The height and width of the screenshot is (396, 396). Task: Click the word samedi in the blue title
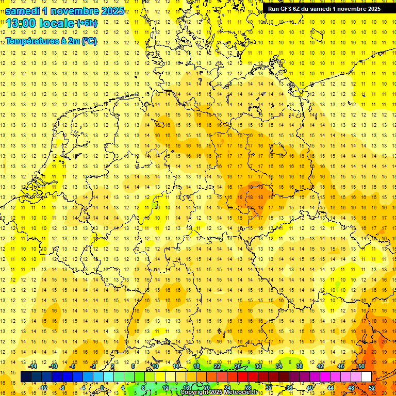pos(24,11)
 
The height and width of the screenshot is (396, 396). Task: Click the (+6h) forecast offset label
pos(86,23)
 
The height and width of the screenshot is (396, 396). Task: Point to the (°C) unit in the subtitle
pos(88,41)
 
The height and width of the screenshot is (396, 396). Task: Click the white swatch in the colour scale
pos(366,377)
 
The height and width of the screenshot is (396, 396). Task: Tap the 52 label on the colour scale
pos(372,388)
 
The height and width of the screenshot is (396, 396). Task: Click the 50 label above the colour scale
pos(361,366)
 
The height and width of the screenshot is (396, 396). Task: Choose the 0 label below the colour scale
pos(103,388)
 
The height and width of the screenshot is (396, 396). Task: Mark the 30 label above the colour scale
pos(258,366)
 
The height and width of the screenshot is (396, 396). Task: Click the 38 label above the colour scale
pos(300,366)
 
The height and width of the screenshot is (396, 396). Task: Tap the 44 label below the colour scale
pos(331,388)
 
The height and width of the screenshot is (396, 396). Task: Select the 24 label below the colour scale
pos(227,388)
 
